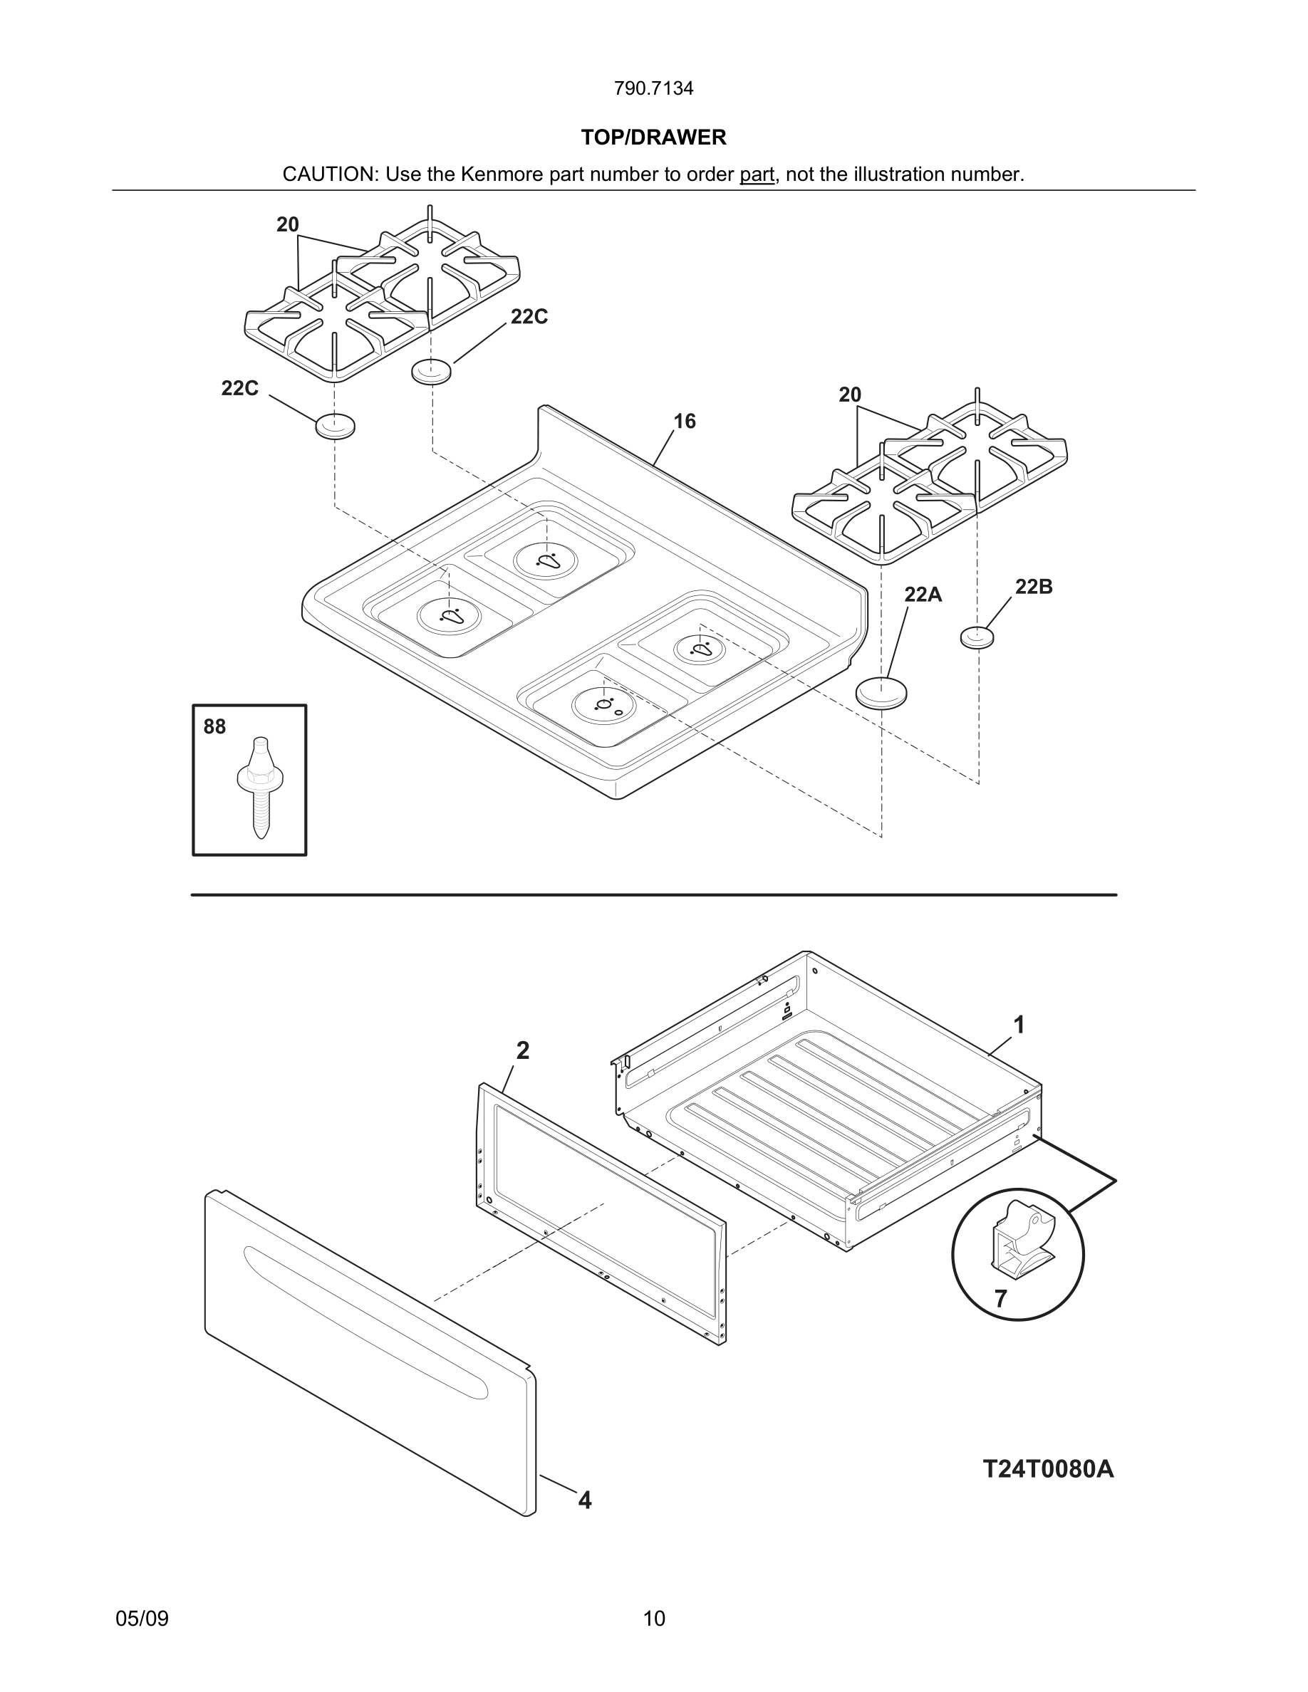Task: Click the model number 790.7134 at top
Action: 653,88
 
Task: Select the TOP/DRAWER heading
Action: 653,137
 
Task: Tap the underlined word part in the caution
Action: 757,174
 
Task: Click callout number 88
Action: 214,726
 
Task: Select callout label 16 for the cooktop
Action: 684,422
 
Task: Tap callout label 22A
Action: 923,595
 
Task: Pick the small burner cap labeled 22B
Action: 977,637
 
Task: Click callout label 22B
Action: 1034,587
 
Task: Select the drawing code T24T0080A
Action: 1048,1469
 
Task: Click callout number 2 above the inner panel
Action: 523,1050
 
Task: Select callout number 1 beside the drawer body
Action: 1019,1025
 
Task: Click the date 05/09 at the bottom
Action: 142,1619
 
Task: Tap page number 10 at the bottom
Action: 654,1619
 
